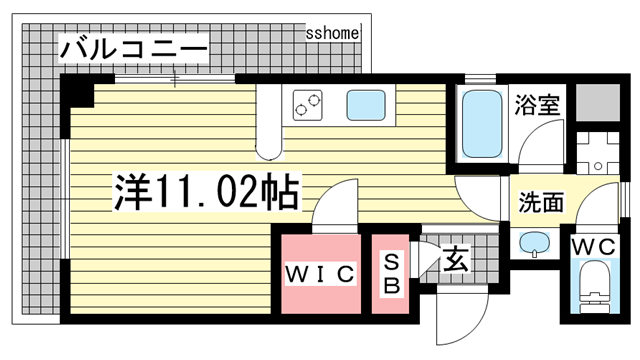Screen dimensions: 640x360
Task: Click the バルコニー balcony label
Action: tap(133, 49)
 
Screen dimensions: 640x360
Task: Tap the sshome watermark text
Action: tap(333, 33)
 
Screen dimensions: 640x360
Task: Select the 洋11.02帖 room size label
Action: tap(207, 191)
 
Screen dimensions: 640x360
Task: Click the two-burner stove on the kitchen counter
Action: tap(307, 105)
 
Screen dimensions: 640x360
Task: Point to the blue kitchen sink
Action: tap(366, 105)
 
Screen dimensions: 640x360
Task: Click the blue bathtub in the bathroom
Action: tap(482, 124)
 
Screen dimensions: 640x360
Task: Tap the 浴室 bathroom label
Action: tap(537, 104)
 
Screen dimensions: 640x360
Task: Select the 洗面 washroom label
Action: tap(541, 202)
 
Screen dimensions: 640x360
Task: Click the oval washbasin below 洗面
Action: tap(534, 242)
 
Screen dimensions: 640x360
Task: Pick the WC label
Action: tap(593, 247)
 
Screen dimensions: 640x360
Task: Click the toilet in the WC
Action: tap(595, 287)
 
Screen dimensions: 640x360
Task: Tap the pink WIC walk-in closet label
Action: tap(320, 274)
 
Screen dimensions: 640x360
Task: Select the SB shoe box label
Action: tap(391, 273)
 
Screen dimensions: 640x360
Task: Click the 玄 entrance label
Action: tap(455, 260)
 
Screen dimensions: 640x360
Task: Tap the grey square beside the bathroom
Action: tap(598, 102)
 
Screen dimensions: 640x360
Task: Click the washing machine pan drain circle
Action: tap(598, 166)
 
